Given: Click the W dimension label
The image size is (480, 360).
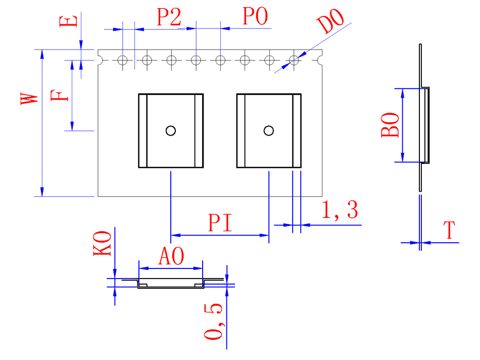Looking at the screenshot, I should [29, 98].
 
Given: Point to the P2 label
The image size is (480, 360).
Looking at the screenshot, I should [169, 18].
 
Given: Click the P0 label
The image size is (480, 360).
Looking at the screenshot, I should [255, 17].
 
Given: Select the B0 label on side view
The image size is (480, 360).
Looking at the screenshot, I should [391, 126].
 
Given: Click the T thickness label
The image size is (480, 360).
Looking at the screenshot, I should [450, 231].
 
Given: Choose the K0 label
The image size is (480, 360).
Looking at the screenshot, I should [103, 244].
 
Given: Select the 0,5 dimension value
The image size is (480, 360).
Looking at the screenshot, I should [213, 322].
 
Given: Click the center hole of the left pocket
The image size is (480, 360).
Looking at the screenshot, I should [171, 130].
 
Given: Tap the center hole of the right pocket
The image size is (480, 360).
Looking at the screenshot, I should [269, 130].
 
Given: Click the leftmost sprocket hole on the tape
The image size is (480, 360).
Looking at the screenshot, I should [122, 60].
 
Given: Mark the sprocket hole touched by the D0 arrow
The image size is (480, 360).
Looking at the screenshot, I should [294, 60].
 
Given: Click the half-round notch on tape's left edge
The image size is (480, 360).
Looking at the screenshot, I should [100, 60].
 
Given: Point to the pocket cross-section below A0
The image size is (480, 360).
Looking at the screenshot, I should [171, 284].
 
